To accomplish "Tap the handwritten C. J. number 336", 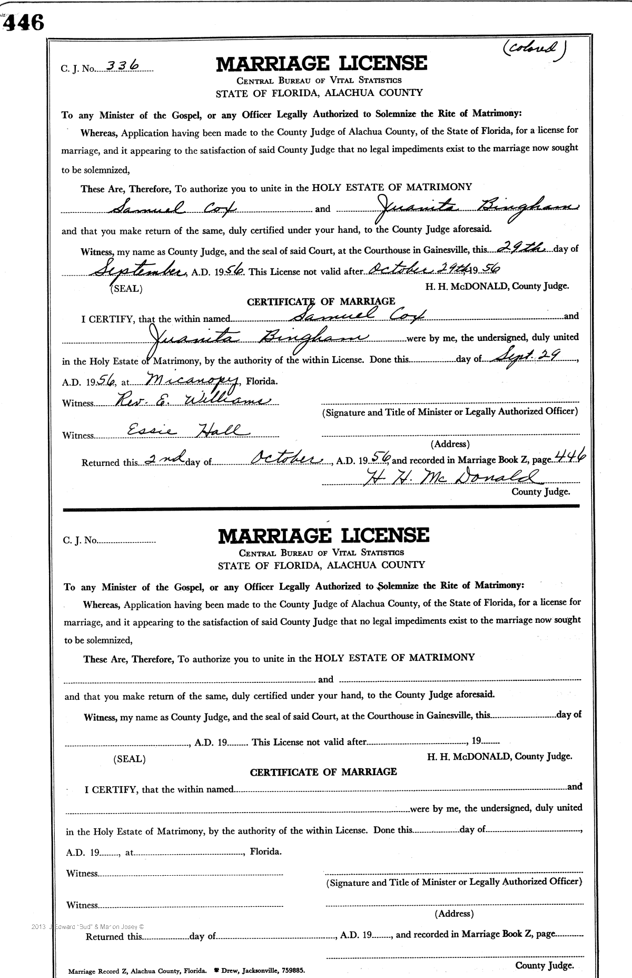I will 122,65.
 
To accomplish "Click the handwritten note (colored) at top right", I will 534,50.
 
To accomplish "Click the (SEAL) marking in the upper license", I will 126,289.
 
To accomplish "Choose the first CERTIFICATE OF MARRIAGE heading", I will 321,301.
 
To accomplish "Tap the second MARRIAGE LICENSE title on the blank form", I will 323,535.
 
